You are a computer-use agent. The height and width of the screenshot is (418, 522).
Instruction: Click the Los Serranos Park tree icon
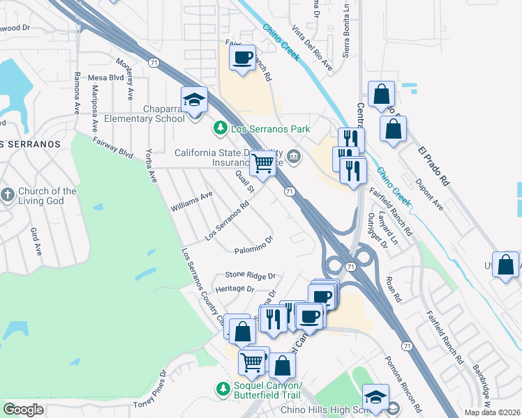coord(220,128)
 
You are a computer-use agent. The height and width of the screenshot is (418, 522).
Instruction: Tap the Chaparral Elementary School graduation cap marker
coord(195,99)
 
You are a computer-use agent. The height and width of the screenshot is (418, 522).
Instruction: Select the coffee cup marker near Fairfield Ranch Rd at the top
coord(242,58)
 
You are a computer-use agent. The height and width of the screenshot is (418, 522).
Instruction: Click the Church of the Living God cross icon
coord(8,194)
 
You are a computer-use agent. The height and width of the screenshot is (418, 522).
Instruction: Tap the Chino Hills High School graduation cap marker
coord(375,397)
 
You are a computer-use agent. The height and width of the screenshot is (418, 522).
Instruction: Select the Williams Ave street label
coord(191,203)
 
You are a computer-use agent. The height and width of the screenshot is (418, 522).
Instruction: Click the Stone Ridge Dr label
coord(251,275)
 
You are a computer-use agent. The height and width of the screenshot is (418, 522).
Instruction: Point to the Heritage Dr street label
coord(234,288)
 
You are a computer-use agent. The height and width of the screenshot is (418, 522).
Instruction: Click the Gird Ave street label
coord(36,240)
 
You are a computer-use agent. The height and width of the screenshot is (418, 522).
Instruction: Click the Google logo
coord(23,410)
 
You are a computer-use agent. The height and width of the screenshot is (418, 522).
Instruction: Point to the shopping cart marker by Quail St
coord(262,163)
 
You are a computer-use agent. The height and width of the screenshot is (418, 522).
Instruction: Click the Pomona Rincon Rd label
coord(403,381)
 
